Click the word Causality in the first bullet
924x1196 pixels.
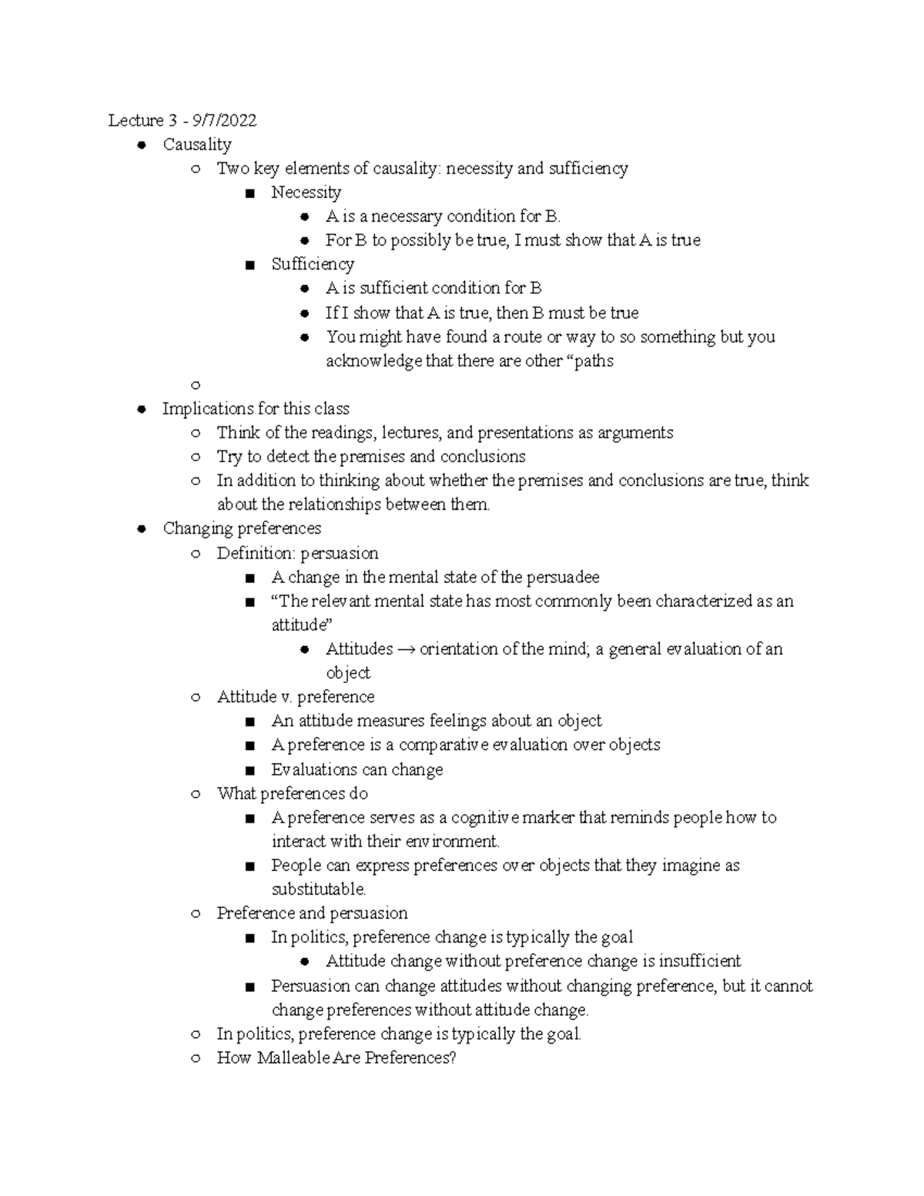197,144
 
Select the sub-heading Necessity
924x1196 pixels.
306,192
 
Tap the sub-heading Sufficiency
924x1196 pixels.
313,264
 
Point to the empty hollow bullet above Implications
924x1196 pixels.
196,385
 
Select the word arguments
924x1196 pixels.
635,432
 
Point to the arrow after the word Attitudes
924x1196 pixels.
407,649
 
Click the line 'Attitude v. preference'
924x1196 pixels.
296,697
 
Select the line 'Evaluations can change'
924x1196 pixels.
357,769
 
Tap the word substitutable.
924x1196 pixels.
319,889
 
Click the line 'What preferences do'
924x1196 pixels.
293,793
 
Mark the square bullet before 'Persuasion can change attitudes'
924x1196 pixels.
249,987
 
